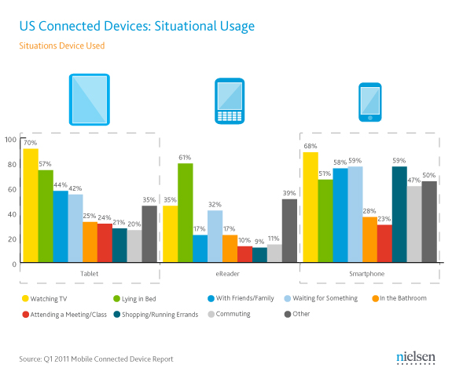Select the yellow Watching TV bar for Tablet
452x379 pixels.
click(31, 206)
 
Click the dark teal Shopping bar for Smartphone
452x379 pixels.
click(399, 215)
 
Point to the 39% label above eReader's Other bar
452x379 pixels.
click(290, 193)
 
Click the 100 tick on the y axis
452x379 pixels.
click(10, 140)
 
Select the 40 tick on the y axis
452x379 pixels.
click(10, 214)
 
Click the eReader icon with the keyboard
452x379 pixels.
click(229, 102)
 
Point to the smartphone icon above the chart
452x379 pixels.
click(369, 102)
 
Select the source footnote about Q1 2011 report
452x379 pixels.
click(96, 359)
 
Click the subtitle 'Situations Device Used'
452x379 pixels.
click(61, 46)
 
